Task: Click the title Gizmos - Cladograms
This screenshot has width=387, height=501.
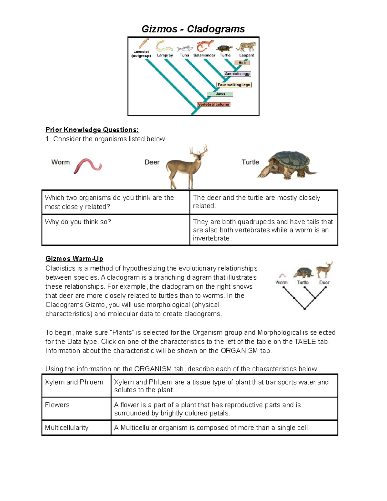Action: [x=193, y=29]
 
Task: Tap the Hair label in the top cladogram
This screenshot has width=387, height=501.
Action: [x=242, y=63]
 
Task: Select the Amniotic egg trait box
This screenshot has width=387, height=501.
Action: [x=237, y=74]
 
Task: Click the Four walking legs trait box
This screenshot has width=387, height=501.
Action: [x=234, y=85]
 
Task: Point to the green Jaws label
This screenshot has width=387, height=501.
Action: [x=220, y=94]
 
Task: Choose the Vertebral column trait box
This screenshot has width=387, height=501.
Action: [x=213, y=105]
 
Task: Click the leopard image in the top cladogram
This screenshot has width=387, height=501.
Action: [x=246, y=46]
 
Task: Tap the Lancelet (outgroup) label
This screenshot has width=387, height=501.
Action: [x=141, y=54]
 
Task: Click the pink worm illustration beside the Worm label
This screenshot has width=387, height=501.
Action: [x=87, y=165]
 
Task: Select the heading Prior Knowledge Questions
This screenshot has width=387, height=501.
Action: [x=92, y=130]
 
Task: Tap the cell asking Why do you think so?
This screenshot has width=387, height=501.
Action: [x=78, y=222]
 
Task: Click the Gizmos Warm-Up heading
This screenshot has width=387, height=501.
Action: [x=74, y=259]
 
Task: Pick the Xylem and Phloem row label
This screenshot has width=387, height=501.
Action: [x=74, y=382]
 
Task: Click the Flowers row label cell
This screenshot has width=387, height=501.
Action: [x=57, y=405]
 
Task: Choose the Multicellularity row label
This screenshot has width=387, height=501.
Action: [x=66, y=428]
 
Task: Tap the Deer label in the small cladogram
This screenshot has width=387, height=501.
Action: [x=324, y=283]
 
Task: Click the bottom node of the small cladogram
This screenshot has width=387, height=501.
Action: [x=305, y=309]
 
